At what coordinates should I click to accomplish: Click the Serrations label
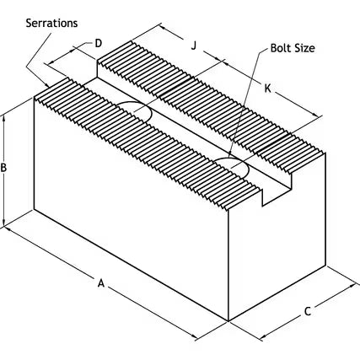(x=51, y=23)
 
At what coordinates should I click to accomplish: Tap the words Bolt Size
(x=293, y=48)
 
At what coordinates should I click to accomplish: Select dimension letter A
(x=101, y=283)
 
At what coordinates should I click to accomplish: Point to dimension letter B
(x=3, y=168)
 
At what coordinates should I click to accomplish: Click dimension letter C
(x=308, y=311)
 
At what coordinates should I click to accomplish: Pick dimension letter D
(x=98, y=44)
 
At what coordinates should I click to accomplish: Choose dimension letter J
(x=194, y=45)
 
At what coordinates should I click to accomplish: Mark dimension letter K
(x=268, y=89)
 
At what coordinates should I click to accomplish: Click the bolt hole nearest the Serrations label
(x=135, y=110)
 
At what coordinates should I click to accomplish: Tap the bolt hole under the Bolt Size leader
(x=232, y=166)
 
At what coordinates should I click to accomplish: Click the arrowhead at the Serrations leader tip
(x=46, y=84)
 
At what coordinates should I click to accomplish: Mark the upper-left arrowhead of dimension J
(x=163, y=27)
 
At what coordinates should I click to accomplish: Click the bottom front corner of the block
(x=228, y=321)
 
